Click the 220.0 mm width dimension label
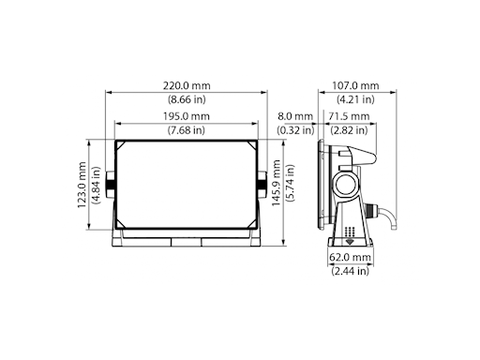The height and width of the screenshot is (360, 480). coord(187,85)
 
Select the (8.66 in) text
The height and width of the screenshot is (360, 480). coord(187,99)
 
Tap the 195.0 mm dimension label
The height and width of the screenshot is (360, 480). coord(187,116)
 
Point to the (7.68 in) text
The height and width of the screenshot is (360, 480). coord(187,129)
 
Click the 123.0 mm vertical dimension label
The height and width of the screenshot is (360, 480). coord(82,185)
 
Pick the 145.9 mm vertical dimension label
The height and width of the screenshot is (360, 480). coord(276,183)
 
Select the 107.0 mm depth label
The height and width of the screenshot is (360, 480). coord(355,85)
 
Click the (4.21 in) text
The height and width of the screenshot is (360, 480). coord(355,99)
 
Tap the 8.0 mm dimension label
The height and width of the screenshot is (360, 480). coord(295,116)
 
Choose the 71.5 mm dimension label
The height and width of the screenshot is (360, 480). coord(349,116)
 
